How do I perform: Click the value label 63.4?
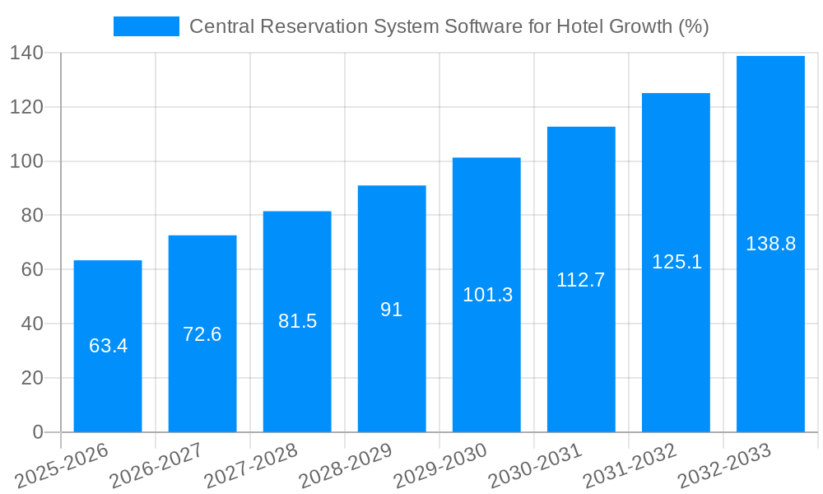(x=108, y=346)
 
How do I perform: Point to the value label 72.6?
(x=202, y=334)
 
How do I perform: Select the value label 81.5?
(x=297, y=321)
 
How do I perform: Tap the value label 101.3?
(x=487, y=295)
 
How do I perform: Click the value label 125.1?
(x=677, y=262)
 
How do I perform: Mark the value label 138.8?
(x=770, y=244)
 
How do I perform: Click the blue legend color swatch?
(x=146, y=26)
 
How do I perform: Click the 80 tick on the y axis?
(x=32, y=216)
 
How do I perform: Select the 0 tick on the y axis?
(x=38, y=432)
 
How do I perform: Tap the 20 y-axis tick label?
(x=32, y=378)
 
